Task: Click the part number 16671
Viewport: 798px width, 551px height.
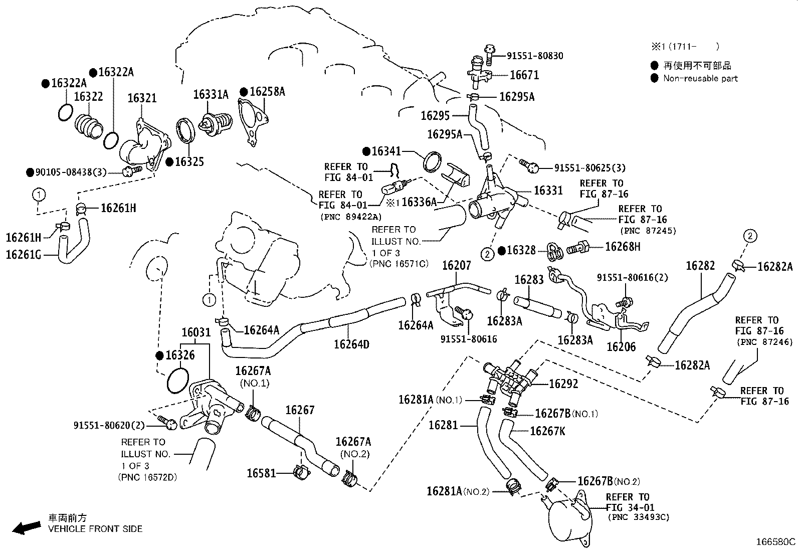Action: (x=524, y=75)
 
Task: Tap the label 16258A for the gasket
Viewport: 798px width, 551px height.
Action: (x=267, y=91)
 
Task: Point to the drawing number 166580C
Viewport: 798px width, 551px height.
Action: (x=775, y=542)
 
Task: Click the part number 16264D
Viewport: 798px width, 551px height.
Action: (x=351, y=344)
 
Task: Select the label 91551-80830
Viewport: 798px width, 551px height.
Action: (x=534, y=56)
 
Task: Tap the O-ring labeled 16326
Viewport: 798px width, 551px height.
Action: (x=177, y=381)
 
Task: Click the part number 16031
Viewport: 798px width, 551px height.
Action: (x=196, y=332)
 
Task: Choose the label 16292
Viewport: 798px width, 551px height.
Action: (x=563, y=384)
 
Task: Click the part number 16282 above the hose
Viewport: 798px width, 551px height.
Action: (x=700, y=266)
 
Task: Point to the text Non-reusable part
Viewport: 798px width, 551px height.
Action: (x=700, y=78)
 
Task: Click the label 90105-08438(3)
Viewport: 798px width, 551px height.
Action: (x=71, y=172)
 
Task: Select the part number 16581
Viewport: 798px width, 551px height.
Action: (x=261, y=473)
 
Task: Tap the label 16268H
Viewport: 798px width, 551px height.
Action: (x=623, y=246)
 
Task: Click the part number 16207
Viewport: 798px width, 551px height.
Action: (x=456, y=266)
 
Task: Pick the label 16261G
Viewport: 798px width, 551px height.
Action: (x=24, y=255)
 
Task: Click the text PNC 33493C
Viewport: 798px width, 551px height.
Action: (x=638, y=517)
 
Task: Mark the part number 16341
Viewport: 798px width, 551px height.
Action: (x=386, y=151)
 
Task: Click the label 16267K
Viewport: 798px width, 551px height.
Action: (x=547, y=431)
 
